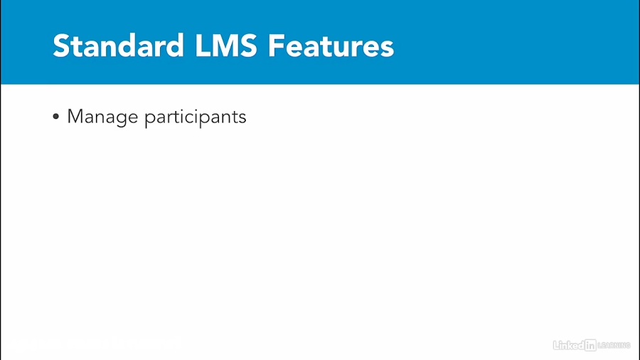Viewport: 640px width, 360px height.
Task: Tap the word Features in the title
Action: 331,46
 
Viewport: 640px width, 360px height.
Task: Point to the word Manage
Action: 102,117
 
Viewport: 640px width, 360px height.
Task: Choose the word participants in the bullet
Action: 195,117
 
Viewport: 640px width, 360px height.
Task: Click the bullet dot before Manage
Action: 56,117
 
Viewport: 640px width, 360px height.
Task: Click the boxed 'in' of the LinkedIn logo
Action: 590,345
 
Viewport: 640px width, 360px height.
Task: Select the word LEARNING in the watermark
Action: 614,345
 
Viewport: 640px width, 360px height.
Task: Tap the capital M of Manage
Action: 75,117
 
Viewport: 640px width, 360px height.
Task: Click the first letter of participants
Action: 149,119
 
